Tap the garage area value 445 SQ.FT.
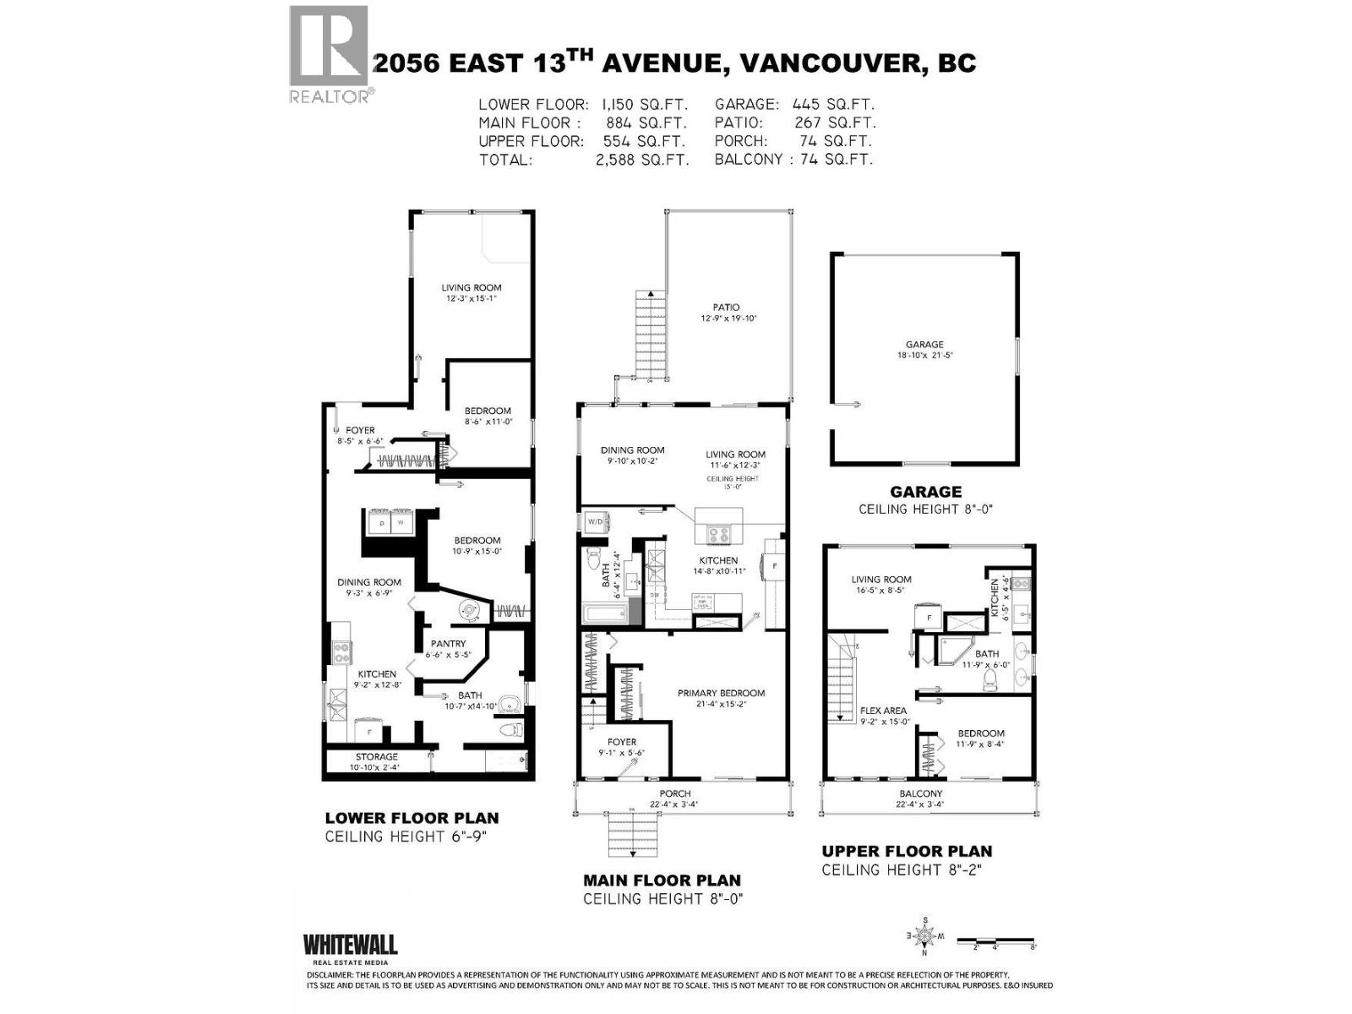point(832,104)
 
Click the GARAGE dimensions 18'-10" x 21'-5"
point(924,356)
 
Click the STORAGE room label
point(376,756)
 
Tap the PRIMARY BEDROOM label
point(721,693)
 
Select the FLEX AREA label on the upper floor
point(883,711)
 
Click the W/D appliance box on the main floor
point(595,521)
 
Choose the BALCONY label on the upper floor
point(920,793)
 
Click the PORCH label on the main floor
point(674,793)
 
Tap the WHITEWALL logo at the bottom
point(350,946)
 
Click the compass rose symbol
point(925,935)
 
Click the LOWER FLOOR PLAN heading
point(412,818)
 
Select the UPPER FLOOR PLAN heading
point(907,851)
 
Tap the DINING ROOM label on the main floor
point(632,450)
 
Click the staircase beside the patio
point(651,334)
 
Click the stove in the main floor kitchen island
point(718,534)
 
